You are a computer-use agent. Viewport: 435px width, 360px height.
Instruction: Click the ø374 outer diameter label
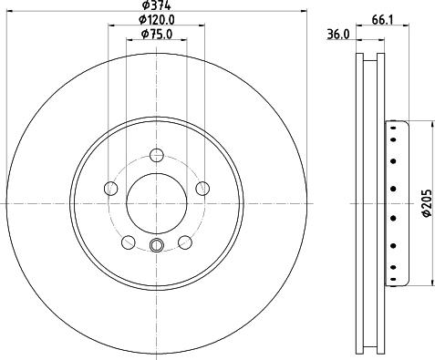(x=157, y=5)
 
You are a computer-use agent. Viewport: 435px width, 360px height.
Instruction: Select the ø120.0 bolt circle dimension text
(x=157, y=20)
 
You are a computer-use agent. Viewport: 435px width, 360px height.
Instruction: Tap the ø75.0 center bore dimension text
(x=157, y=34)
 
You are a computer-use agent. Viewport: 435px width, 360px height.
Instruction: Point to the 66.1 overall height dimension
(x=382, y=20)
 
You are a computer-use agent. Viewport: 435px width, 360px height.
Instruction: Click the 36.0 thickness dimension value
(x=338, y=35)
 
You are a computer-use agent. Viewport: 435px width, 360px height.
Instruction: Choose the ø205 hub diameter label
(x=427, y=203)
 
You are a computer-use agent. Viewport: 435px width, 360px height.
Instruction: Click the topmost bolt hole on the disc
(x=157, y=155)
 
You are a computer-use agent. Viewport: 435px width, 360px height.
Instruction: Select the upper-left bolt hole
(x=111, y=189)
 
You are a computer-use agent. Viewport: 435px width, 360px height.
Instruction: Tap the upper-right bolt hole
(x=202, y=189)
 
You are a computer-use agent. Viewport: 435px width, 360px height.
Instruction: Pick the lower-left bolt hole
(x=129, y=242)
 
